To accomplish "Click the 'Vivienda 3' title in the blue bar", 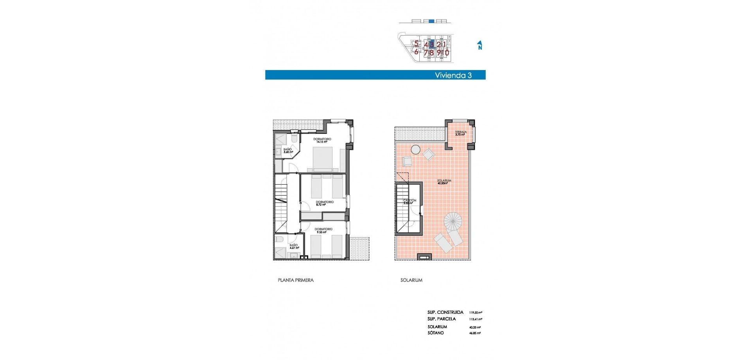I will click(453, 75).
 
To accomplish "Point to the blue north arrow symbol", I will click(480, 45).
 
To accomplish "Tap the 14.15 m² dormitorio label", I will click(322, 140).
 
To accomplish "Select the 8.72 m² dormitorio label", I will click(324, 203).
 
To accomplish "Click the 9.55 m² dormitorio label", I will click(323, 230).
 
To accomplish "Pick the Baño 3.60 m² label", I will click(287, 151).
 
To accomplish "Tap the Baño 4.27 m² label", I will click(294, 247).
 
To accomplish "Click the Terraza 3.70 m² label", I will click(460, 133).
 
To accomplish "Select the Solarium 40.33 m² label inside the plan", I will click(444, 182).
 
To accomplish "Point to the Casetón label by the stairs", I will click(410, 202).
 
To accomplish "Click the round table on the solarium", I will click(415, 149).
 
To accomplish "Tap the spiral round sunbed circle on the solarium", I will click(453, 221).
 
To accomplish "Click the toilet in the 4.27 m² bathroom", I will click(279, 239).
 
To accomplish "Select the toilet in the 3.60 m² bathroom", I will click(294, 139).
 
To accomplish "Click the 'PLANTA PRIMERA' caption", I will click(295, 280).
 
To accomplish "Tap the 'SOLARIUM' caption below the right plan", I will click(411, 280).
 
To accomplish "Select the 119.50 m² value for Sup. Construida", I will click(475, 313).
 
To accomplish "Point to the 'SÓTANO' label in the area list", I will click(435, 333).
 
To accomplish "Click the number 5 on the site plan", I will click(416, 44).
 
